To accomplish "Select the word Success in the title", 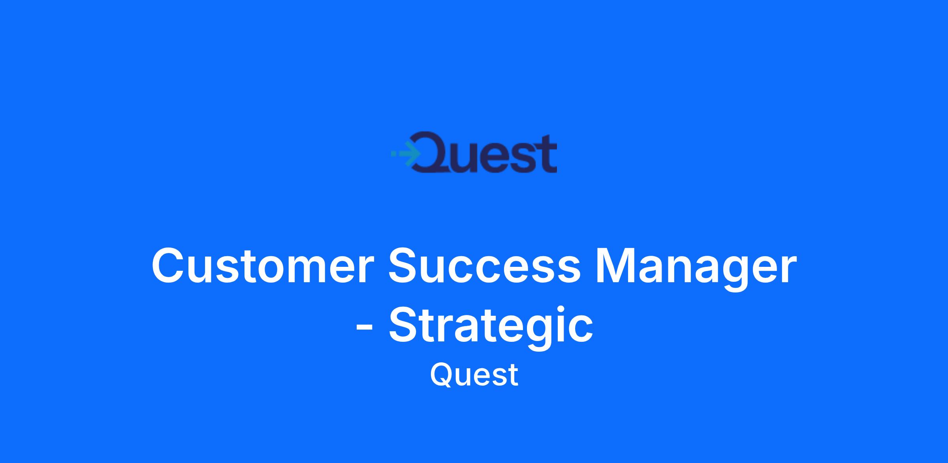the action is (485, 265).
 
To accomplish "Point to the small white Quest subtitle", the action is (474, 375).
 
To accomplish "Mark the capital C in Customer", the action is (170, 265).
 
